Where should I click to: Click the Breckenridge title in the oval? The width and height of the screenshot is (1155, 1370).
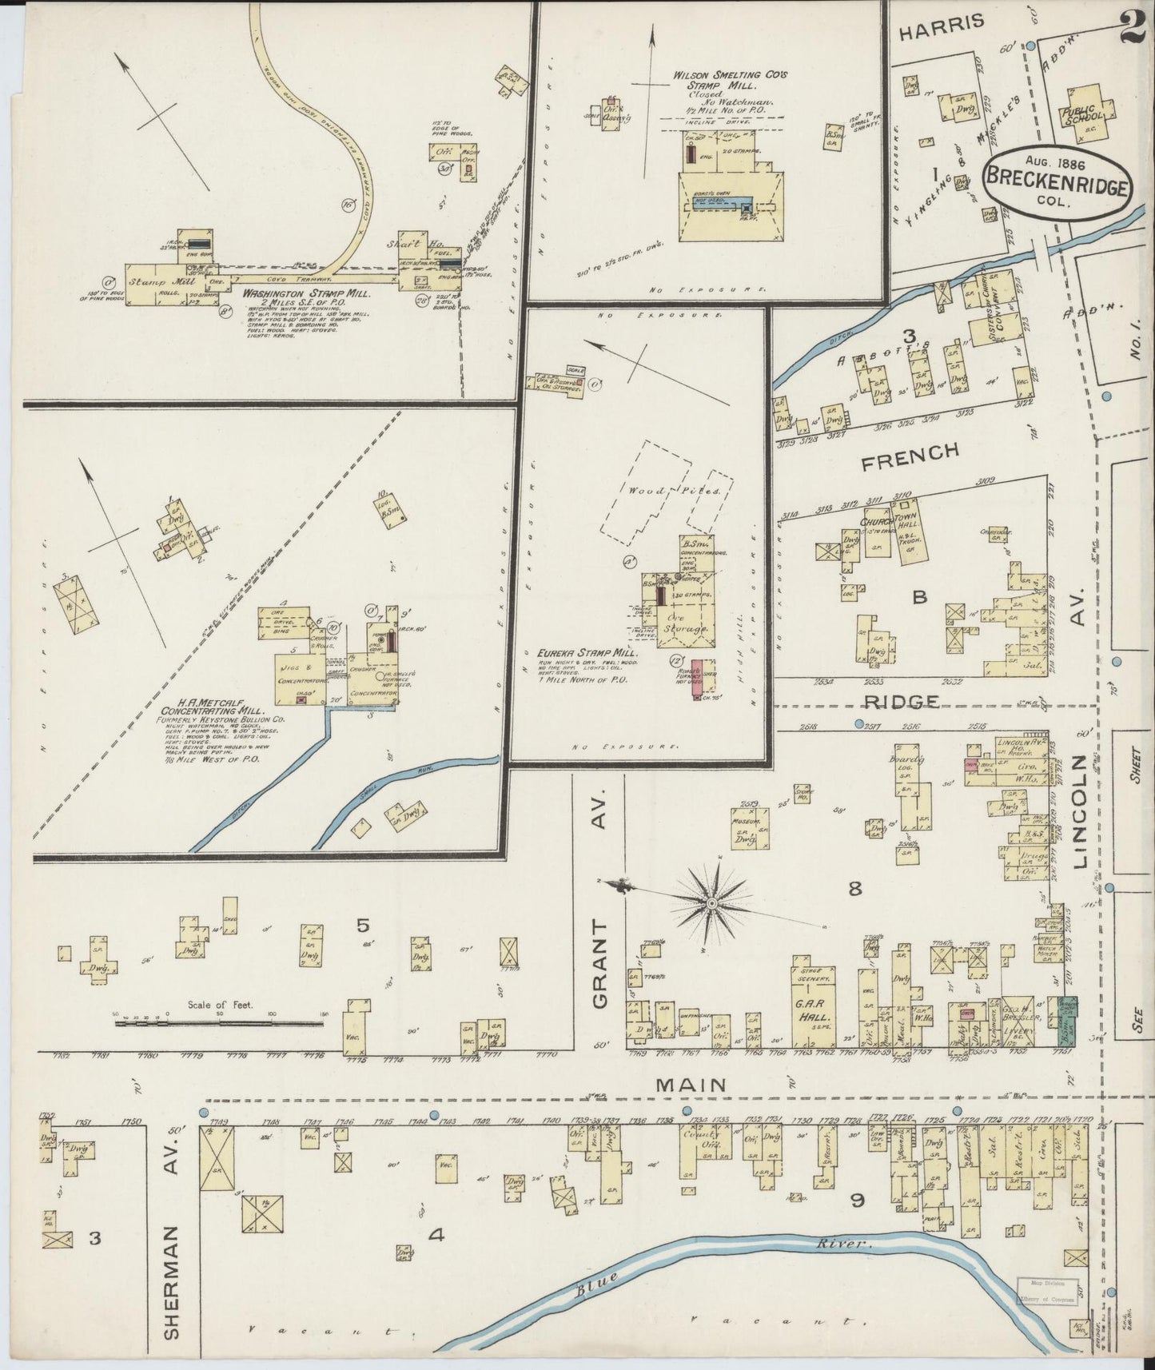point(1057,181)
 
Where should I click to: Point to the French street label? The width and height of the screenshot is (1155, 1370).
point(910,451)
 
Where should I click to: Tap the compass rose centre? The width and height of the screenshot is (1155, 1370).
point(711,902)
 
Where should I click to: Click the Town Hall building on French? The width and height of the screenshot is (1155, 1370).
point(909,532)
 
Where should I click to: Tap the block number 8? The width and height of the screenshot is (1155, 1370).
point(855,888)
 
